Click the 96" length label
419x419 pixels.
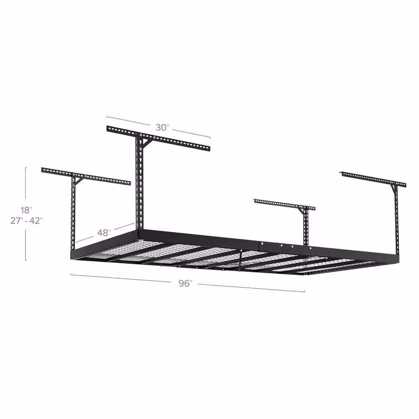click(x=184, y=283)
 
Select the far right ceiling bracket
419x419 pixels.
click(x=373, y=178)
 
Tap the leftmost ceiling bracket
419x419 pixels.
click(x=86, y=176)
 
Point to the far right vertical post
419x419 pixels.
click(x=396, y=220)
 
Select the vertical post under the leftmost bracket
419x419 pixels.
click(x=74, y=212)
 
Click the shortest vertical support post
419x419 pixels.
click(x=305, y=228)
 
